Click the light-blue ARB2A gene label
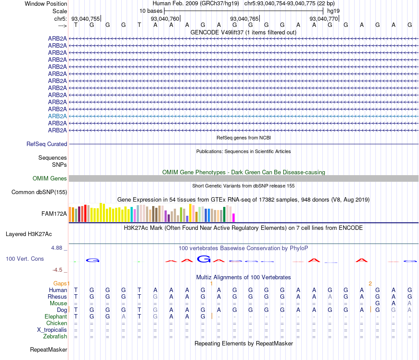click(57, 116)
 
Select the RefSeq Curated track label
click(47, 144)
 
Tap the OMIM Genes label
click(50, 178)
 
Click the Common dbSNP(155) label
click(39, 192)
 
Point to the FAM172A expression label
click(54, 214)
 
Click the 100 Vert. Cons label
click(25, 259)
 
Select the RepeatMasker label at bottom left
click(49, 350)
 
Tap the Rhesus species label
click(57, 296)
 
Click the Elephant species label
click(56, 317)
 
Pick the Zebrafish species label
click(55, 337)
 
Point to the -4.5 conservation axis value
click(58, 270)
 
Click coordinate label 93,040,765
click(244, 19)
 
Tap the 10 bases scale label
click(151, 11)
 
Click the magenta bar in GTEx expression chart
click(233, 217)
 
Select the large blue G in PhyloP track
click(204, 259)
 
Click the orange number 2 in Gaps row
click(370, 283)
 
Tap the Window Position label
click(46, 4)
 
